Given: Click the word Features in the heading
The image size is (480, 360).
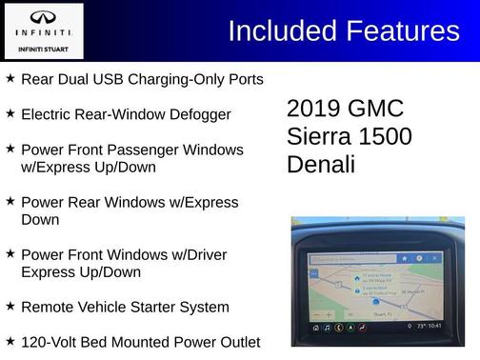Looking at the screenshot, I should coord(400,31).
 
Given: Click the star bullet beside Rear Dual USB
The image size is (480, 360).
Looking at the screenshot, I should coord(10,78).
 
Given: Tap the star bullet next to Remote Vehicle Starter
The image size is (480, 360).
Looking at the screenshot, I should coord(10,306).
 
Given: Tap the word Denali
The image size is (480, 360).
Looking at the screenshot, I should coord(321,164).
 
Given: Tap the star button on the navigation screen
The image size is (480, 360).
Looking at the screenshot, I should coord(405,258).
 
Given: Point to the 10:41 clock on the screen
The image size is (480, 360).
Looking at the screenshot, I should coord(435,326).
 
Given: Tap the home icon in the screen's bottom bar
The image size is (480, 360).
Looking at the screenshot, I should coord(315,327).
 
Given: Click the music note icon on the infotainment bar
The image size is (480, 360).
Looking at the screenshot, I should coord(327,327).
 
